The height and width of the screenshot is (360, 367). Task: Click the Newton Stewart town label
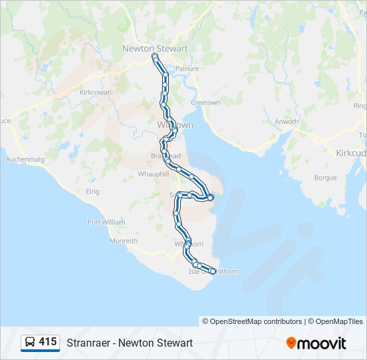155,48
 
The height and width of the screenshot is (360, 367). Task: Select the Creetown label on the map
206,103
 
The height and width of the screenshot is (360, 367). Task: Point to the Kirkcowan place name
95,92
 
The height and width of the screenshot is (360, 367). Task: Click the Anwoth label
286,121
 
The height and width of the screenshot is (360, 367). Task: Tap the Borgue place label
325,178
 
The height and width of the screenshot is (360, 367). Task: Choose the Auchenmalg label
24,159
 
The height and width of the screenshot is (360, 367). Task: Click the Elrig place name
92,191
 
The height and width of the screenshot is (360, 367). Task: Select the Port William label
106,222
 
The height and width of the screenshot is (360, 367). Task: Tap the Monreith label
123,241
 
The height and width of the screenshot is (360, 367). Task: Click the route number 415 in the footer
47,342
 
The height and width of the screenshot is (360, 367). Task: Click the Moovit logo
316,343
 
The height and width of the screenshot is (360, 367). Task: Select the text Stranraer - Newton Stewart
129,343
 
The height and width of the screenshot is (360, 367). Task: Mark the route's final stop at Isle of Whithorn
213,271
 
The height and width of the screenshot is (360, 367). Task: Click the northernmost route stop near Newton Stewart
155,58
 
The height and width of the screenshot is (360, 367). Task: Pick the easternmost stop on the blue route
210,197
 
